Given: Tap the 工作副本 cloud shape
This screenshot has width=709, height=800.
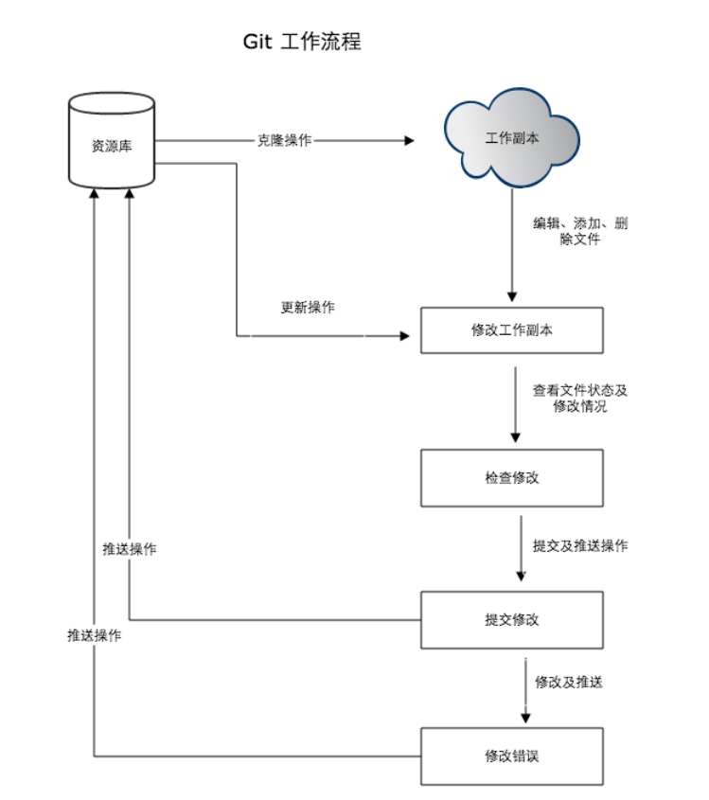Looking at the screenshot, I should click(x=512, y=138).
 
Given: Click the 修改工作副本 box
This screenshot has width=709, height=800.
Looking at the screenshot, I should click(x=512, y=330).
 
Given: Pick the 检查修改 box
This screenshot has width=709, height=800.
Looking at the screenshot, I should click(x=512, y=477).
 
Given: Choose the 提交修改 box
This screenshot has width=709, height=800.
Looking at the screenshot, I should click(x=512, y=620).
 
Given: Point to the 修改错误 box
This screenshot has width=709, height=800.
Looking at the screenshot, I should click(x=512, y=756).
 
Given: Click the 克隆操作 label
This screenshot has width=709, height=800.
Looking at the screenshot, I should click(x=285, y=140).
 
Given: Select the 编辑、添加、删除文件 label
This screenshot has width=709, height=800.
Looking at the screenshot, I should click(x=579, y=231).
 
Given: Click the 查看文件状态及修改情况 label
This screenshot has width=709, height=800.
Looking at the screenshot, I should click(x=579, y=398).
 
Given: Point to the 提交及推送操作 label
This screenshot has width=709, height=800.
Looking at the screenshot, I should click(x=579, y=546).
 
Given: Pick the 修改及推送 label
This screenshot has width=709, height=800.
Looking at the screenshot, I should click(x=569, y=682).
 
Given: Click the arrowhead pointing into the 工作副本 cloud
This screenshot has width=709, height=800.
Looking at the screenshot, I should click(x=410, y=140).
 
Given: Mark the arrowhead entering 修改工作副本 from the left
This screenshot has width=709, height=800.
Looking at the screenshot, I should click(x=405, y=336).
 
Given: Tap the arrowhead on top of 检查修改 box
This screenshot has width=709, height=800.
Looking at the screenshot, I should click(x=515, y=437).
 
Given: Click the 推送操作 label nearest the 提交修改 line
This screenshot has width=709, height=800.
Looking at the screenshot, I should click(x=130, y=550).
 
